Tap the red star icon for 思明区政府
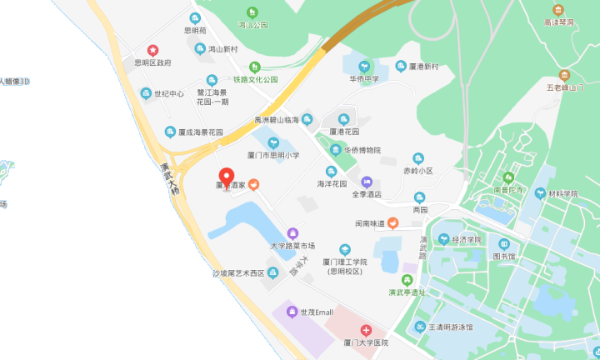pos(152,50)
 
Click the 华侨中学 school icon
pos(364,67)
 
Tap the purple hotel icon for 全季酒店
pos(366,181)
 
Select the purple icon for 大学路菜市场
pos(292,233)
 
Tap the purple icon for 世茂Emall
pos(292,312)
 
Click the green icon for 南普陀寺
pos(508,177)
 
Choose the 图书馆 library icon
pos(503,244)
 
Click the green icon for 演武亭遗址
pos(407,280)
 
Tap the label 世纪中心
pos(169,93)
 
